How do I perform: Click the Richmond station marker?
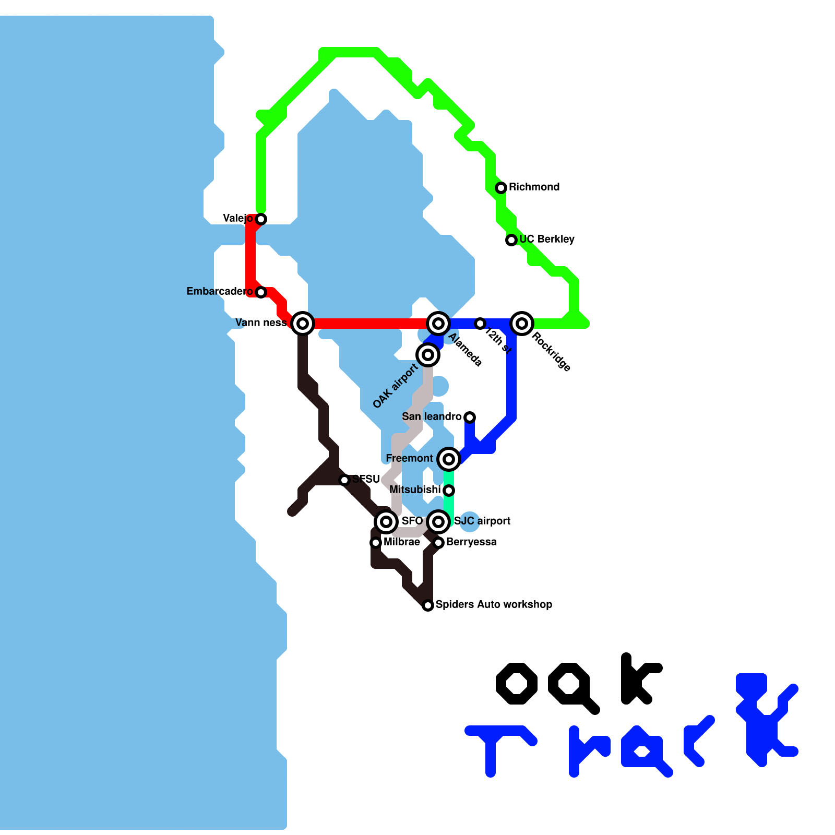(x=501, y=187)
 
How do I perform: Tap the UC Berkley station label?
(x=546, y=239)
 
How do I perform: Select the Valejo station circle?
(x=261, y=219)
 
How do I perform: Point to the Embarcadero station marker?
(x=261, y=292)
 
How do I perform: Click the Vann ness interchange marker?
(x=303, y=323)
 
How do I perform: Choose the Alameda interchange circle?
(x=438, y=323)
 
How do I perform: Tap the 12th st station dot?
(x=480, y=324)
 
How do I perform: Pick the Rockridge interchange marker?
(x=522, y=323)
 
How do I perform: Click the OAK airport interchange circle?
(x=428, y=355)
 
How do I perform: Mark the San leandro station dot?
(x=470, y=417)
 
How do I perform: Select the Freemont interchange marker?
(x=449, y=459)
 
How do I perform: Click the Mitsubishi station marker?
(x=449, y=490)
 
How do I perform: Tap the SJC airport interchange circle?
(x=438, y=521)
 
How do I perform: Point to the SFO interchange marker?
(x=386, y=521)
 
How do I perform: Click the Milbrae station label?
(x=402, y=542)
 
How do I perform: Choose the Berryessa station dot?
(x=438, y=543)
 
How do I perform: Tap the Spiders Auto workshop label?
(x=494, y=604)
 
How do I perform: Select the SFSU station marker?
(x=344, y=480)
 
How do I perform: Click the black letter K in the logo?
(x=639, y=678)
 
